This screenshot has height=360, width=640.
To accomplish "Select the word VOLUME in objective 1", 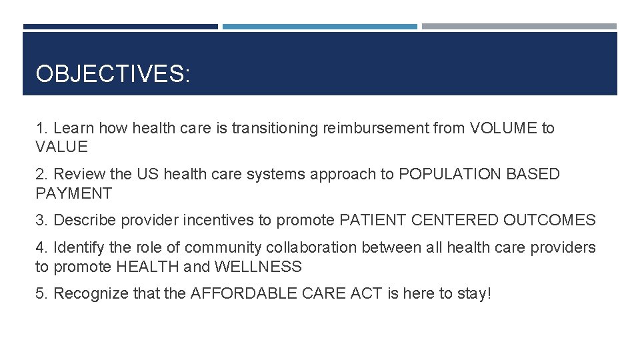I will click(x=503, y=128).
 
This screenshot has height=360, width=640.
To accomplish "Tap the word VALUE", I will click(x=61, y=147).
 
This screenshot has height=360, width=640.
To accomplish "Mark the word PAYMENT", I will click(x=73, y=194).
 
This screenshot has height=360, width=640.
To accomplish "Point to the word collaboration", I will click(x=311, y=248).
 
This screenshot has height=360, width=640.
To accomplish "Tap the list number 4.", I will click(x=41, y=248).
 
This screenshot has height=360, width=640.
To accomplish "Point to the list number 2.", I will click(x=41, y=175).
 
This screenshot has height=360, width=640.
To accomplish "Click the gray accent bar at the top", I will click(x=519, y=27).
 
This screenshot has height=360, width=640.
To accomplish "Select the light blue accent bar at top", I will click(x=319, y=27).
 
